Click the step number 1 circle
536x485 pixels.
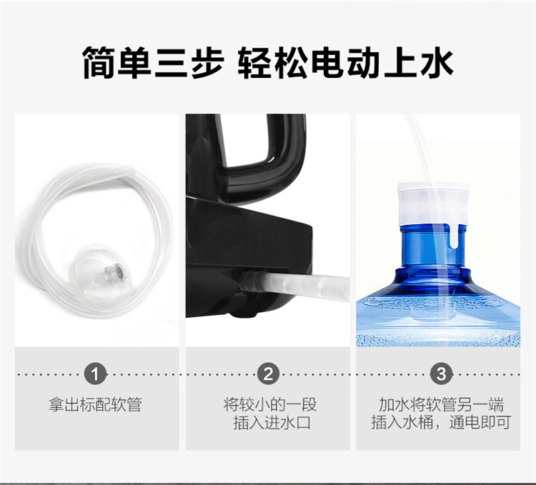pyautogui.click(x=95, y=374)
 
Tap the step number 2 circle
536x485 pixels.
pyautogui.click(x=268, y=374)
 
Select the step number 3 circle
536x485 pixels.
pyautogui.click(x=442, y=374)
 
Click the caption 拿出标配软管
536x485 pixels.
pyautogui.click(x=95, y=405)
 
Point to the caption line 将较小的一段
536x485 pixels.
pyautogui.click(x=270, y=405)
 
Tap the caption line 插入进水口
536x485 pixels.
pyautogui.click(x=272, y=423)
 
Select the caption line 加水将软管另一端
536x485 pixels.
pyautogui.click(x=442, y=405)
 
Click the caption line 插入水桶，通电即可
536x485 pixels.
pyautogui.click(x=442, y=423)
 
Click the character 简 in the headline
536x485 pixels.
pyautogui.click(x=99, y=63)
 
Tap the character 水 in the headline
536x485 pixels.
pyautogui.click(x=437, y=63)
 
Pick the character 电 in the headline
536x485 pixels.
pyautogui.click(x=328, y=63)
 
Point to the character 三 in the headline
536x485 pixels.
pyautogui.click(x=171, y=63)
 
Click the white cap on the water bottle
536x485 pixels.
pyautogui.click(x=433, y=204)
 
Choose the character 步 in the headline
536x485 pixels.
pyautogui.click(x=208, y=63)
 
